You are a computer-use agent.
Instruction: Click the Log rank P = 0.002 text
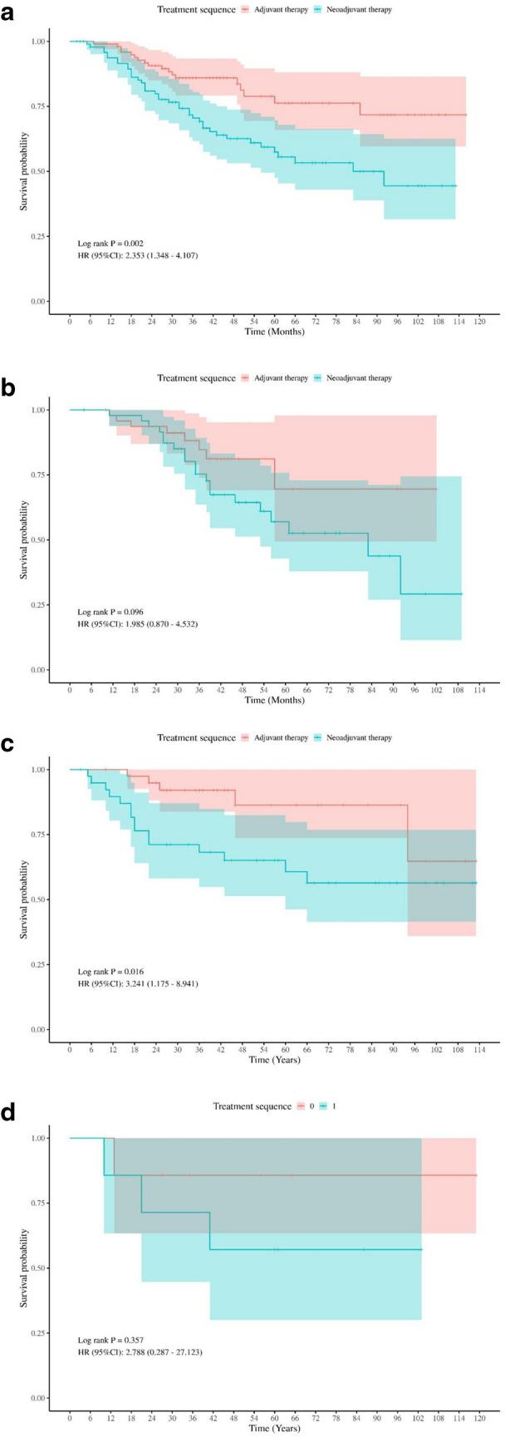pyautogui.click(x=110, y=243)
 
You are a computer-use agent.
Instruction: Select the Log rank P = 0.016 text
pyautogui.click(x=110, y=971)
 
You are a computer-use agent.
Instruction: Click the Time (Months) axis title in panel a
pyautogui.click(x=273, y=332)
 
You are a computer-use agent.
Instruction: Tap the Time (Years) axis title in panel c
pyautogui.click(x=273, y=1060)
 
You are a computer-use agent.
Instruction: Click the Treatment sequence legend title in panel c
pyautogui.click(x=196, y=737)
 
